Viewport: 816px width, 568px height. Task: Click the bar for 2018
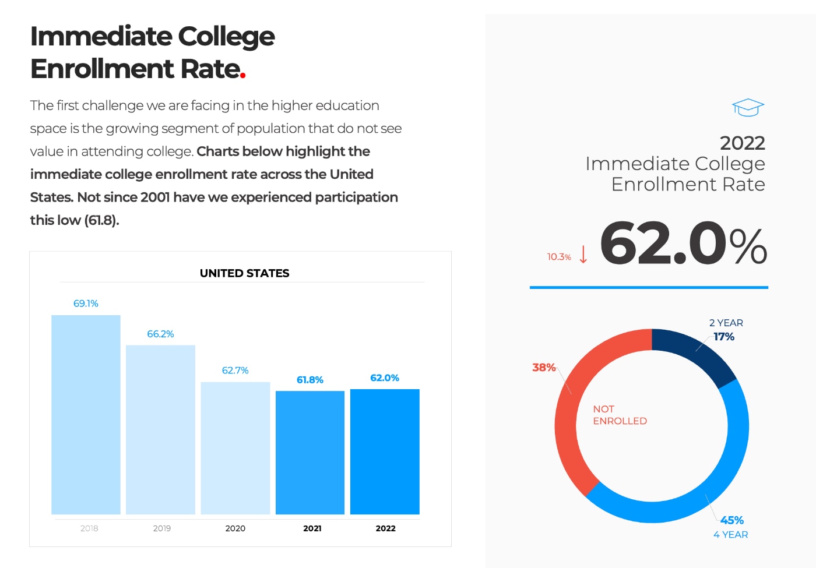tap(86, 415)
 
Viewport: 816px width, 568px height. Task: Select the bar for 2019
tap(160, 430)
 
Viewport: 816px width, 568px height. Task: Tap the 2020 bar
tap(235, 448)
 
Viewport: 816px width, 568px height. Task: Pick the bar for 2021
tap(310, 453)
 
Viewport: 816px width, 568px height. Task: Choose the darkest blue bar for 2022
tap(385, 451)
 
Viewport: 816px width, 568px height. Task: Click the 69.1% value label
tap(86, 304)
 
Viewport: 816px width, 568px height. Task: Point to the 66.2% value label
tap(160, 334)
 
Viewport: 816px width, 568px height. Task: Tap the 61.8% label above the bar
tap(310, 380)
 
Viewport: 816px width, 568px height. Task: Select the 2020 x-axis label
tap(235, 528)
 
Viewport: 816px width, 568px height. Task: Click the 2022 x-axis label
tap(385, 528)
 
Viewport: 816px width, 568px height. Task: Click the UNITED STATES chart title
tap(244, 273)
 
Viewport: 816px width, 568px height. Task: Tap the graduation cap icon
tap(748, 107)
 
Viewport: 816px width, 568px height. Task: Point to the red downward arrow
tap(583, 254)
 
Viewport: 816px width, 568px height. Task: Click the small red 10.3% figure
tap(559, 257)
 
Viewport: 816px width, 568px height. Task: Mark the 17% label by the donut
tap(724, 337)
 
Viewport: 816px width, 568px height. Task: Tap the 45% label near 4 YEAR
tap(732, 520)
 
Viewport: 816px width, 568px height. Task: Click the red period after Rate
tap(242, 75)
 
